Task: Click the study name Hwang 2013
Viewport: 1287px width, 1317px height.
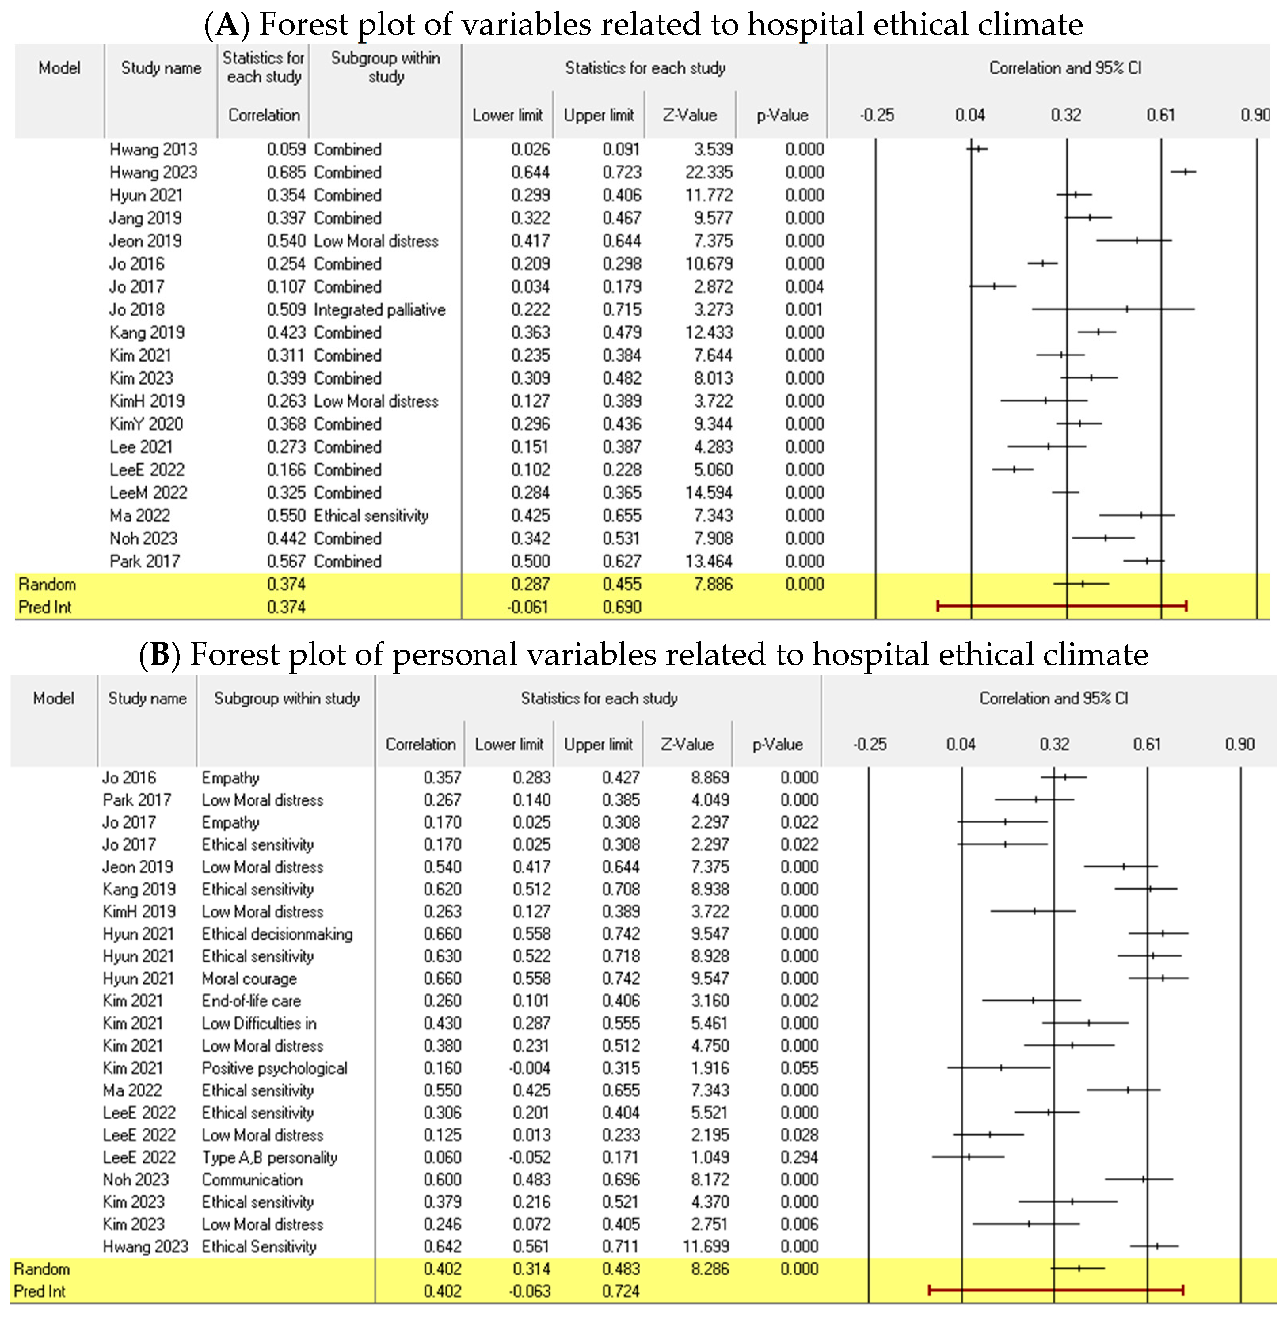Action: [153, 149]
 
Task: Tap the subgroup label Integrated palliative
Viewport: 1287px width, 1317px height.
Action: [379, 310]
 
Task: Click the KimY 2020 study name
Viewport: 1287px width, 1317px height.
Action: [146, 424]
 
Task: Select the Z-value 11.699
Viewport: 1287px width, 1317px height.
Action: [707, 1246]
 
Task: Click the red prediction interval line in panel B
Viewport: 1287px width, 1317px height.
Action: [1056, 1290]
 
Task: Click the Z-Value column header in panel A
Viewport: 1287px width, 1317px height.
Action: [689, 115]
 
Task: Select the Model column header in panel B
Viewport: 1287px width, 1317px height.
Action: [53, 698]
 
